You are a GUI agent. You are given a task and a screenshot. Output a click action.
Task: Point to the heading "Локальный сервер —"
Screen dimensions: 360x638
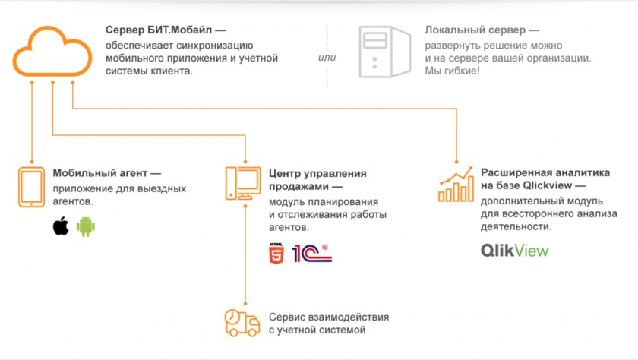482,31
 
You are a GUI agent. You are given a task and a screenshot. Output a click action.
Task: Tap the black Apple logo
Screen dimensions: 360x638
60,226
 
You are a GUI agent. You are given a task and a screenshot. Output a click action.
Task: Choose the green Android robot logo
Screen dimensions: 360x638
85,226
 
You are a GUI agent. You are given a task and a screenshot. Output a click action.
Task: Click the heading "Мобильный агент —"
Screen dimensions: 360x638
106,173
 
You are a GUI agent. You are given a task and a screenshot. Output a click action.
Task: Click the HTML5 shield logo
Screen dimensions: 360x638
276,252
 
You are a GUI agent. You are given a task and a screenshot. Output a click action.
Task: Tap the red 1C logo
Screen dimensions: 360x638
311,252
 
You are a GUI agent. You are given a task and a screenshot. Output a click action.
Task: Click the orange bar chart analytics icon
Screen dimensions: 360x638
456,187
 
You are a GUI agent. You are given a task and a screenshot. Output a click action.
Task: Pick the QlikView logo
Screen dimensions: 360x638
514,251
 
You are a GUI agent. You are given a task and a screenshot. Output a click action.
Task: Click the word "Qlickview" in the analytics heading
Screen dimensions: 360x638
554,185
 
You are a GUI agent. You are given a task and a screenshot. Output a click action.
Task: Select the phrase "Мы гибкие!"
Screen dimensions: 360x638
453,71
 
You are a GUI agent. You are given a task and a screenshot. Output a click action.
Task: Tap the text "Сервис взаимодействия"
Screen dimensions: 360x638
329,316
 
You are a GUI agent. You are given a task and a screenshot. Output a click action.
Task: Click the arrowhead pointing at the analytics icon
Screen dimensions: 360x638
456,161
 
